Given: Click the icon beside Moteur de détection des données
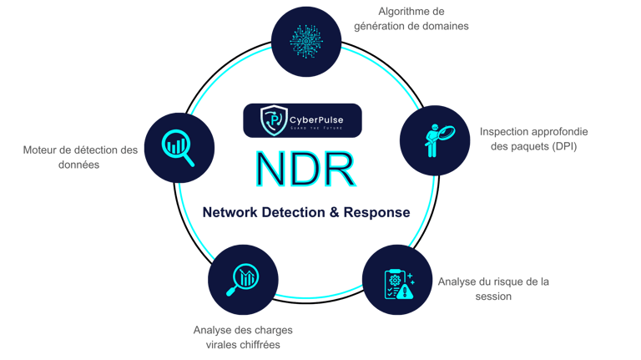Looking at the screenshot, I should (180, 146).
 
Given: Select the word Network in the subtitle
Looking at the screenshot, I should (233, 212).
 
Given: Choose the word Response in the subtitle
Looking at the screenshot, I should (381, 212).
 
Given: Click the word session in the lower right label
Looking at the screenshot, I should (492, 296).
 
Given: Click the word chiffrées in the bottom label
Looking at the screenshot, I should (255, 344).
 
